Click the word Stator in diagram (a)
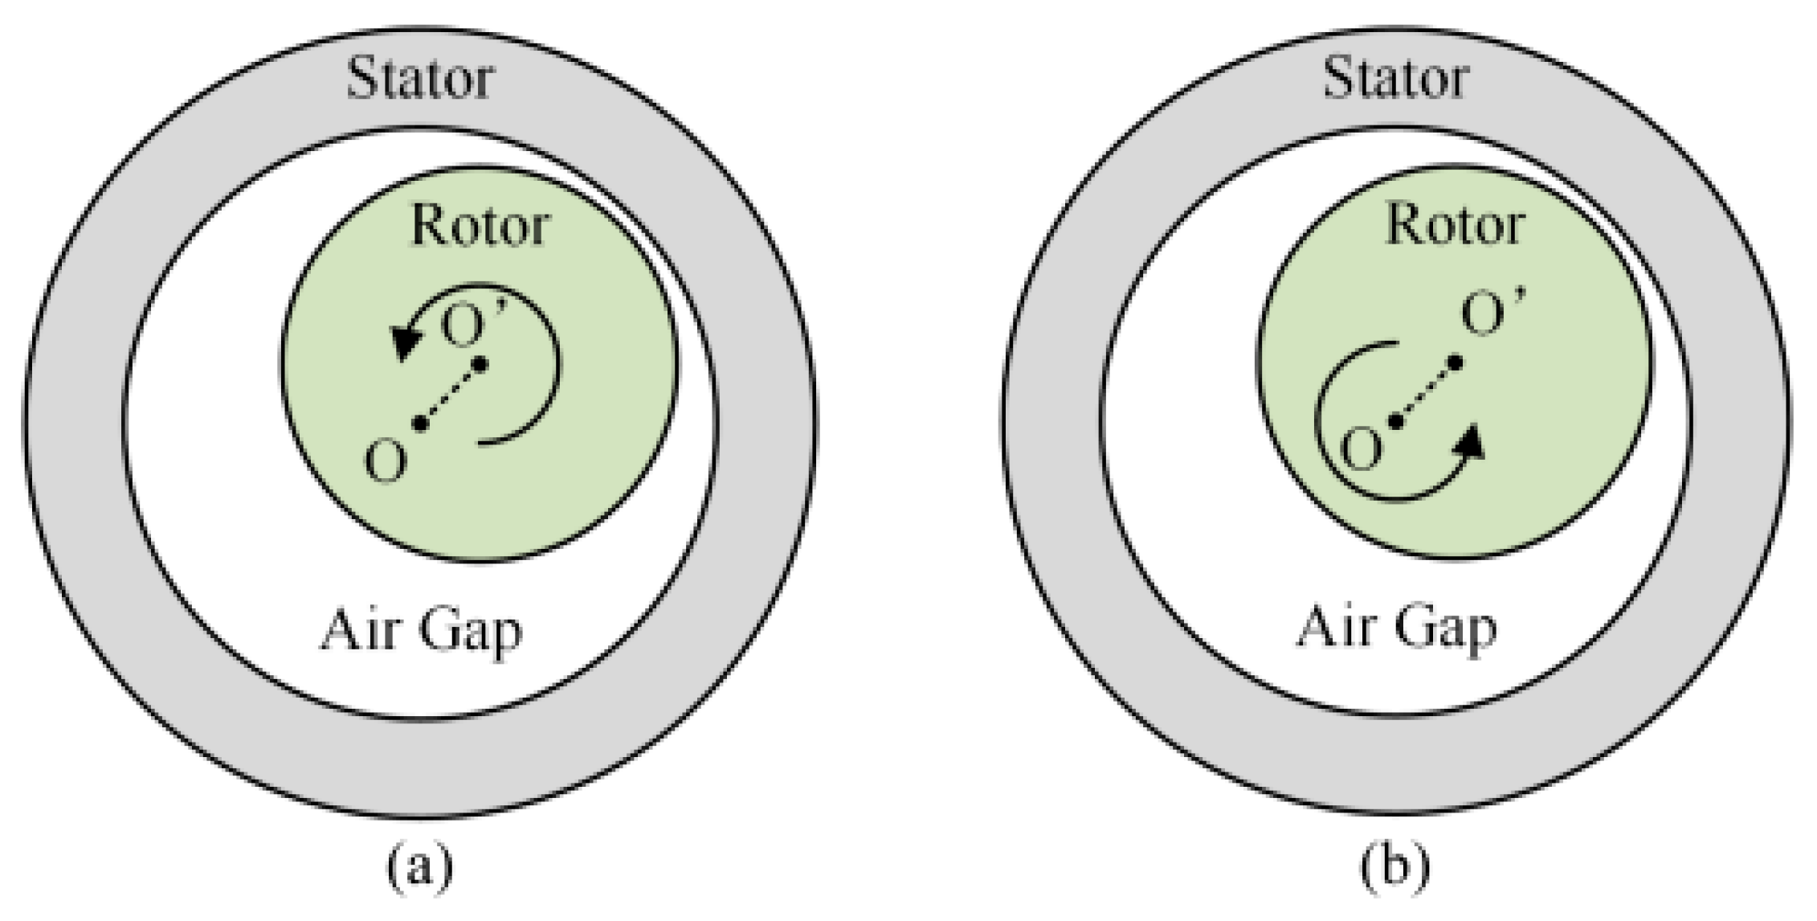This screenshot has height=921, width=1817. click(x=420, y=79)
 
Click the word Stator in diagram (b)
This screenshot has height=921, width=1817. click(x=1396, y=79)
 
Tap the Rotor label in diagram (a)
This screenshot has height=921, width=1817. click(x=480, y=225)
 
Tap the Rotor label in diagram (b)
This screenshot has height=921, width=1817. click(x=1455, y=225)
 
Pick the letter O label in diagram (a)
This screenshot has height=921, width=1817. click(x=386, y=463)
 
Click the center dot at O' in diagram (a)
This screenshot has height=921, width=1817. click(x=480, y=365)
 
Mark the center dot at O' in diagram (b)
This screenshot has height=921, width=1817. click(x=1455, y=364)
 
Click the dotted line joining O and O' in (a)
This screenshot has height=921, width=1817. click(x=449, y=394)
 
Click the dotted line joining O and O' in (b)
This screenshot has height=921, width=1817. click(x=1425, y=393)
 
